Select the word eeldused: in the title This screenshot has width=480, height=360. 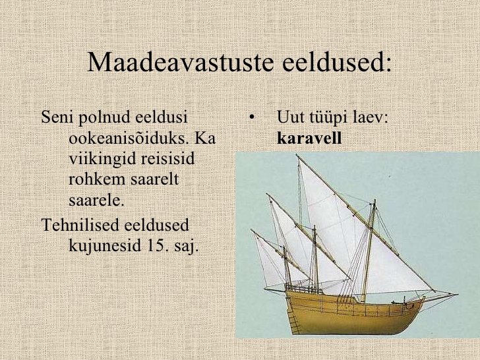[337, 62]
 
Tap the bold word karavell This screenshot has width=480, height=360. [309, 138]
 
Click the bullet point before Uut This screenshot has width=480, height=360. [252, 117]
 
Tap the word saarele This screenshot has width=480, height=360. [96, 200]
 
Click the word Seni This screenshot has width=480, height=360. [57, 117]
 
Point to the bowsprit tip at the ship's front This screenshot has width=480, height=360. [458, 295]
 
